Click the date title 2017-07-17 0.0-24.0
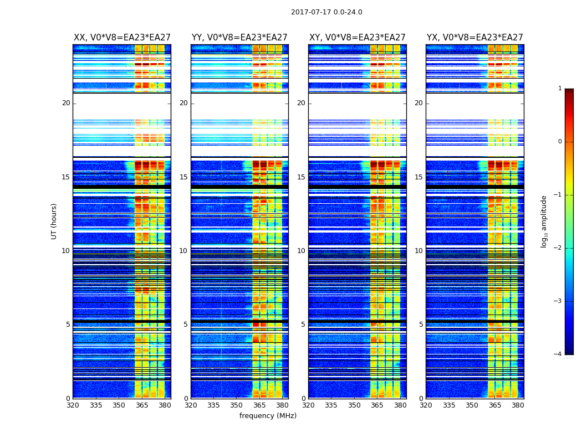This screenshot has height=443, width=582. tap(326, 12)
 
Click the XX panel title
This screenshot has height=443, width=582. tap(122, 38)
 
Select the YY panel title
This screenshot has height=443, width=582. tap(239, 38)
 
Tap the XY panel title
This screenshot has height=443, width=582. tap(358, 38)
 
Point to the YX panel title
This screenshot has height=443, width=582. tap(475, 38)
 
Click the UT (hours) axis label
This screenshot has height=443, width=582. tap(54, 221)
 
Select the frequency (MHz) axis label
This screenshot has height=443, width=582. tap(268, 416)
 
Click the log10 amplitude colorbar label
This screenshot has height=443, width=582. tap(544, 221)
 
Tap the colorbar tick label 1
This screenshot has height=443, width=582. tap(560, 89)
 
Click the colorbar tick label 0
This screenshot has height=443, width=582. tap(560, 142)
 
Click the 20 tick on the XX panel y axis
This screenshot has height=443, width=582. tap(66, 103)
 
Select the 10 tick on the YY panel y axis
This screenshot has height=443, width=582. tap(183, 251)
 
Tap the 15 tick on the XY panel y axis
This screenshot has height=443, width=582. tap(301, 177)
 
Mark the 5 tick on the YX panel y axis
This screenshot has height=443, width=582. tap(421, 324)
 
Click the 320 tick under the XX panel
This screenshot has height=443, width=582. tap(73, 405)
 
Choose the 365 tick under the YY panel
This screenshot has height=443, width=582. tap(259, 405)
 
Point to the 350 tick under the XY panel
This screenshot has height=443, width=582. tap(354, 405)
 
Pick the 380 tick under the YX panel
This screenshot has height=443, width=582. tap(518, 405)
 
